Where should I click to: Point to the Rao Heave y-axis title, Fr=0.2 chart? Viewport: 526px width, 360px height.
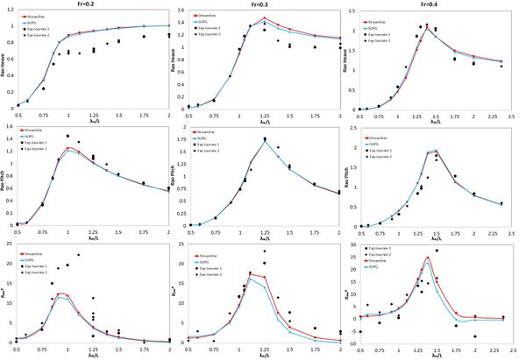click(4, 61)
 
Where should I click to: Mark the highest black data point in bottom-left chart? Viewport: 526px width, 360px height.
click(77, 254)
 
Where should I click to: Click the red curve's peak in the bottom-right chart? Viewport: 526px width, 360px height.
click(427, 258)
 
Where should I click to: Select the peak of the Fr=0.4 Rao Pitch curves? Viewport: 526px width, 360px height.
click(437, 150)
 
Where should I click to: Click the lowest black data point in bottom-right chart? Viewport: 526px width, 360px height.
click(476, 336)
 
